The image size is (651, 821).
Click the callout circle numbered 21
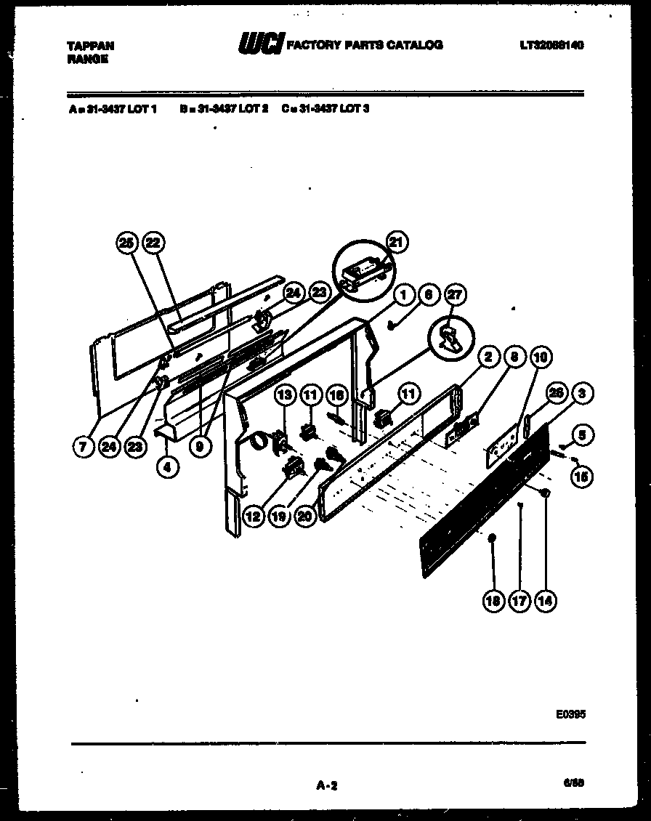point(395,243)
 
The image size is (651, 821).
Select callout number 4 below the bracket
point(167,468)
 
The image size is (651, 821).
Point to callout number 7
point(83,448)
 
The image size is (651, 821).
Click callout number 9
point(198,448)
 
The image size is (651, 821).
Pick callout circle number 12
point(253,517)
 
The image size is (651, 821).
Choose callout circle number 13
point(286,395)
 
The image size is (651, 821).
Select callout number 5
point(583,435)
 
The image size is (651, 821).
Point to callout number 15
point(583,476)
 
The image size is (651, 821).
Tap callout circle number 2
point(488,357)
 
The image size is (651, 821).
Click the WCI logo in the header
point(260,45)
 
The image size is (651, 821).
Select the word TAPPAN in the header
point(90,45)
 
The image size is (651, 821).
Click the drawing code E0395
point(570,714)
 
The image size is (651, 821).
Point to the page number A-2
point(328,785)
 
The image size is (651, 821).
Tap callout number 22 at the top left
point(152,244)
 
